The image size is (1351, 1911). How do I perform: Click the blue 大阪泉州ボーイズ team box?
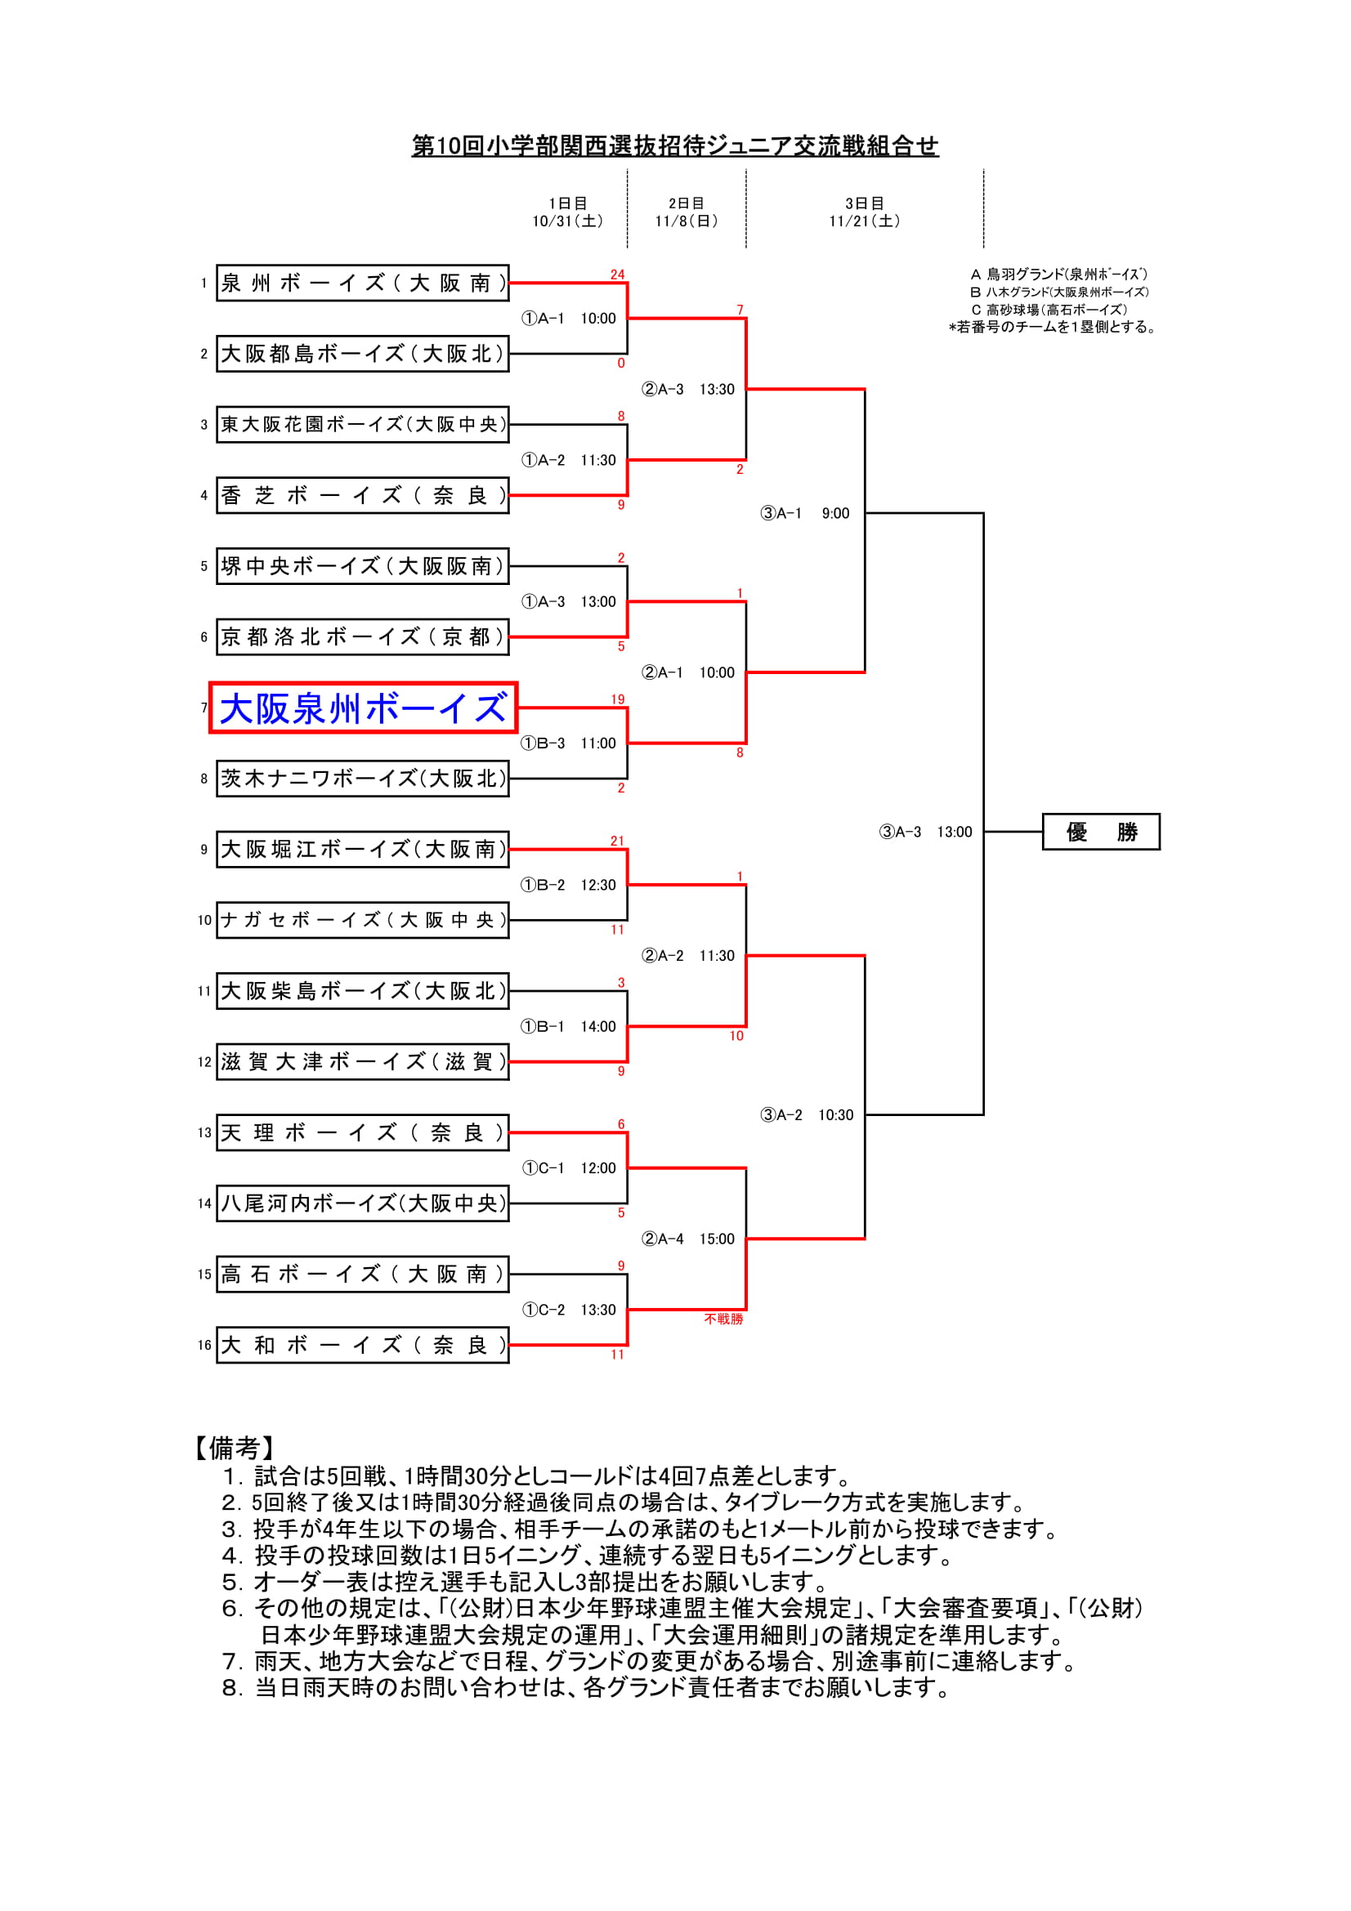(x=363, y=708)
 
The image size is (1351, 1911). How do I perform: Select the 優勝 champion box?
(x=1100, y=832)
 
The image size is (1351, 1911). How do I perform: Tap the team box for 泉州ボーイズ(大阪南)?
(x=362, y=283)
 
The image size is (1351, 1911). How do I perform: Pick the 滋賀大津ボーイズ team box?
(x=362, y=1062)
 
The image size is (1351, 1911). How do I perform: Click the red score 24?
(x=617, y=275)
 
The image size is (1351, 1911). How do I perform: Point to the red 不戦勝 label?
(x=723, y=1319)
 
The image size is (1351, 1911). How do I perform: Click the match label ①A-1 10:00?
(x=569, y=319)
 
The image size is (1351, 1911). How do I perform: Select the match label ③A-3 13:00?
(x=925, y=832)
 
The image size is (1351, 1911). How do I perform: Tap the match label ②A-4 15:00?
(x=687, y=1239)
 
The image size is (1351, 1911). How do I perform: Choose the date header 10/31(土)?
(x=568, y=221)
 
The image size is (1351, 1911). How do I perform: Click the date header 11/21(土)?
(x=864, y=221)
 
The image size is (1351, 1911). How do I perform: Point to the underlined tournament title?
(x=675, y=146)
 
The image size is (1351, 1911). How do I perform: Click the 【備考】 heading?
(x=234, y=1449)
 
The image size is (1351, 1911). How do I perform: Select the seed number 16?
(x=205, y=1345)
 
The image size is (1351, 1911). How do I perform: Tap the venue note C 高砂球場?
(x=1048, y=310)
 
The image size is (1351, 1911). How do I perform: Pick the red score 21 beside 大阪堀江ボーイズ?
(x=617, y=842)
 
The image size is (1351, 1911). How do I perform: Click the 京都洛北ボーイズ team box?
(x=362, y=636)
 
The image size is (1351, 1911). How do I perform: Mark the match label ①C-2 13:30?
(x=569, y=1310)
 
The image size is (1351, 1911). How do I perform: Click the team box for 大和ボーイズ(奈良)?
(x=362, y=1345)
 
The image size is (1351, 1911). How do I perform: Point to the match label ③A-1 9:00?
(x=805, y=514)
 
